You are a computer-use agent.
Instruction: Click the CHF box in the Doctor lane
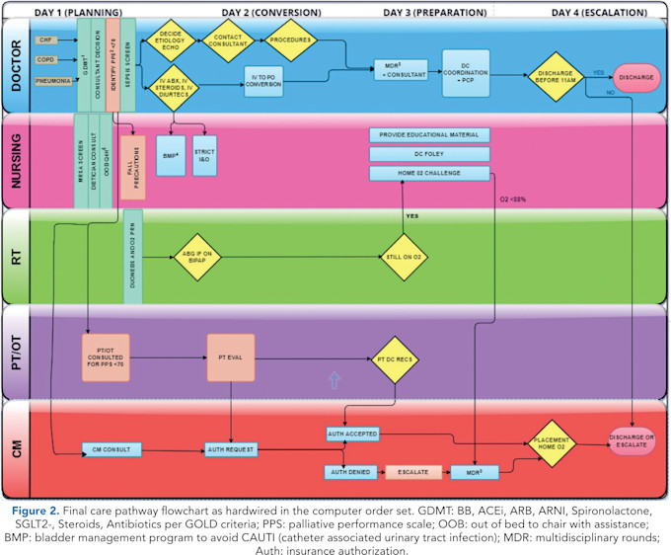(x=45, y=40)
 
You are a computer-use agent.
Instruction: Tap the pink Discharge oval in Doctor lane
(x=641, y=75)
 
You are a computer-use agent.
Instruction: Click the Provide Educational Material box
(x=429, y=134)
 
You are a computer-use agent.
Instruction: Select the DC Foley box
(x=429, y=153)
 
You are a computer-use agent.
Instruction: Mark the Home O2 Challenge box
(x=429, y=173)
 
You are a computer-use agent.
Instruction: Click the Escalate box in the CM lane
(x=412, y=472)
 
